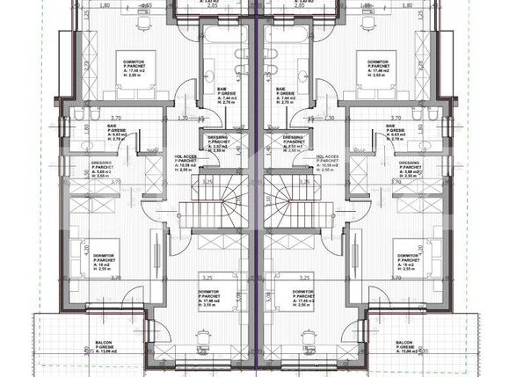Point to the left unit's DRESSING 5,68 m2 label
(x=105, y=169)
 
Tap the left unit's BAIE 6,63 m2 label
(x=113, y=131)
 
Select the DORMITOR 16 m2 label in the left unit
(x=104, y=261)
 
